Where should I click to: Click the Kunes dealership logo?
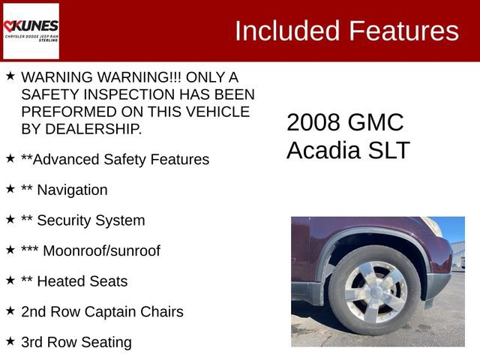click(x=31, y=31)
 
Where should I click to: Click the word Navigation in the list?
click(x=72, y=190)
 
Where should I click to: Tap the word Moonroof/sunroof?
click(x=101, y=250)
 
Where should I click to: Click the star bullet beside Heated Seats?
click(x=10, y=280)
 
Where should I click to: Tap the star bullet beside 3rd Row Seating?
click(x=10, y=340)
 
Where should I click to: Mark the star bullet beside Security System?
click(x=10, y=219)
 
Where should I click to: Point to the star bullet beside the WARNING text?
click(x=10, y=76)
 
